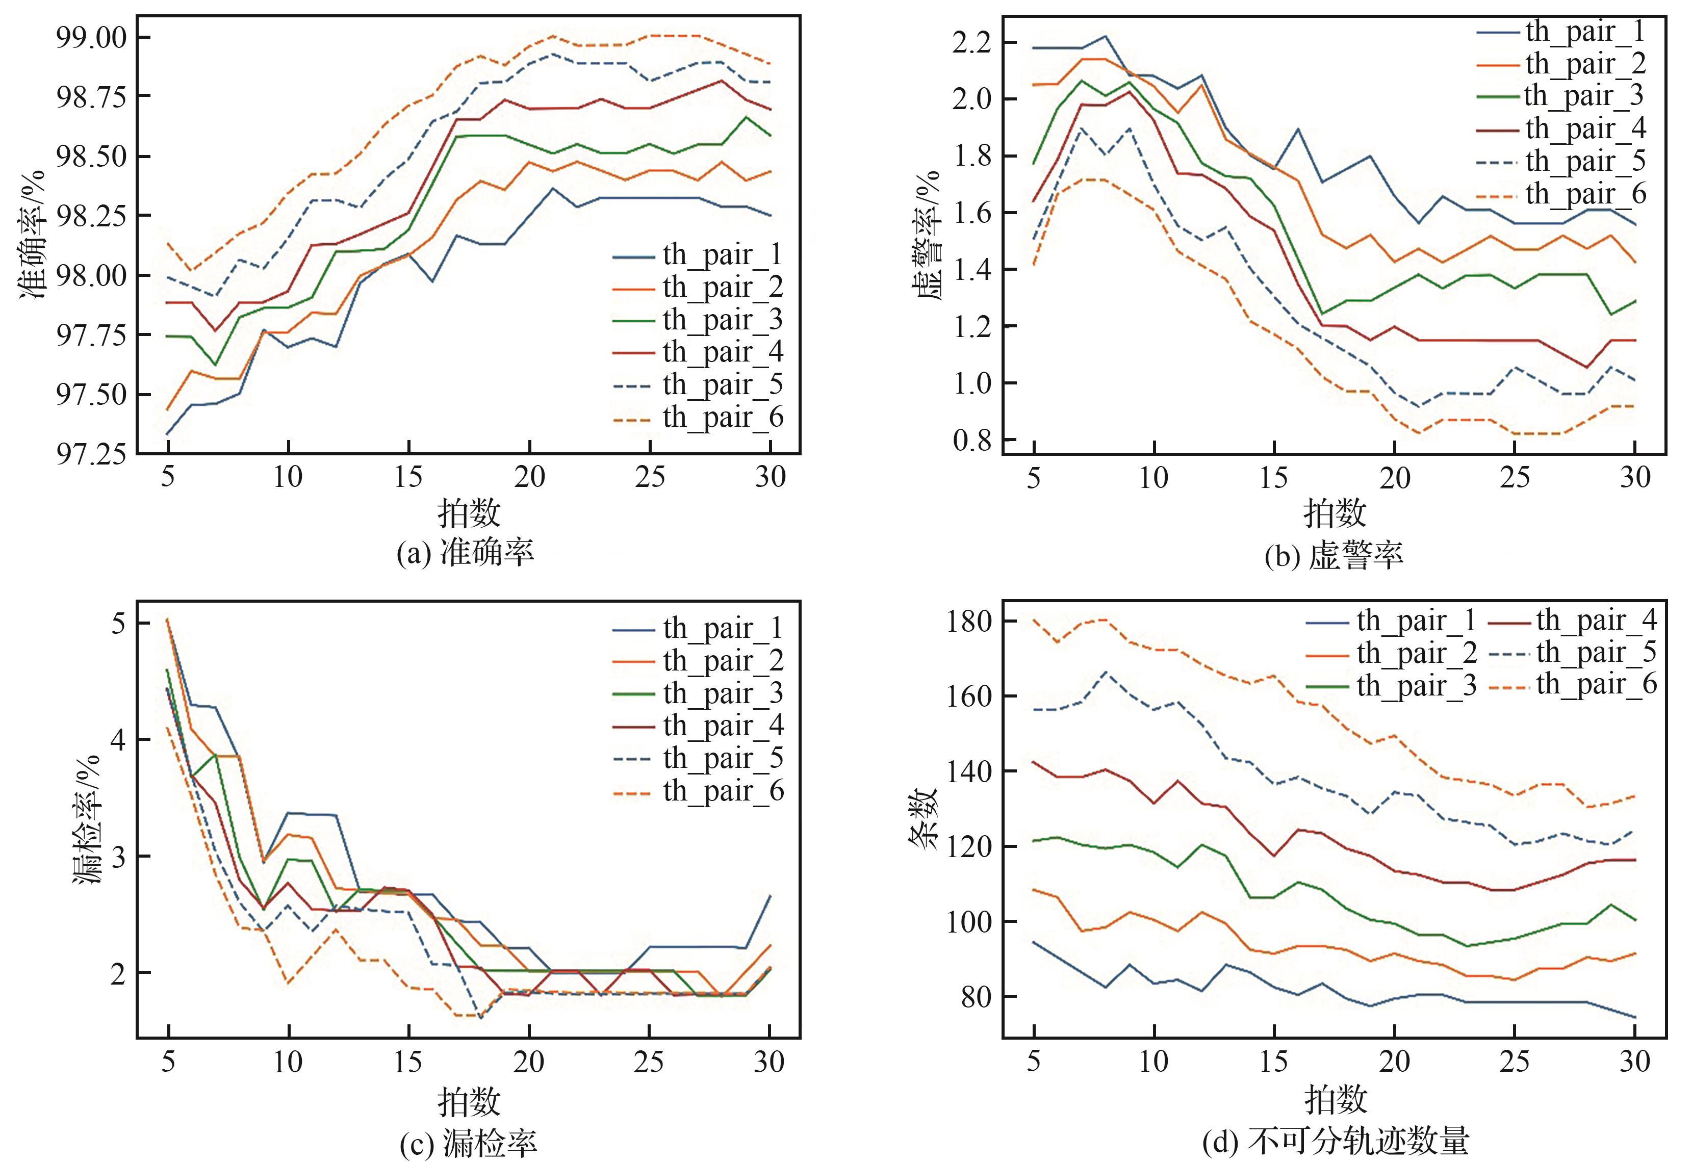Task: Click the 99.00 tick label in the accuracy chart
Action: tap(90, 38)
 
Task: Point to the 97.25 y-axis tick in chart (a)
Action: tap(90, 454)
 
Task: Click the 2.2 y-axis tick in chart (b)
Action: tap(971, 43)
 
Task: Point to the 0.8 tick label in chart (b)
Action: tap(971, 440)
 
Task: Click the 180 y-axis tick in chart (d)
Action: tap(969, 622)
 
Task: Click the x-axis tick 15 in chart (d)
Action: tap(1274, 1062)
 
